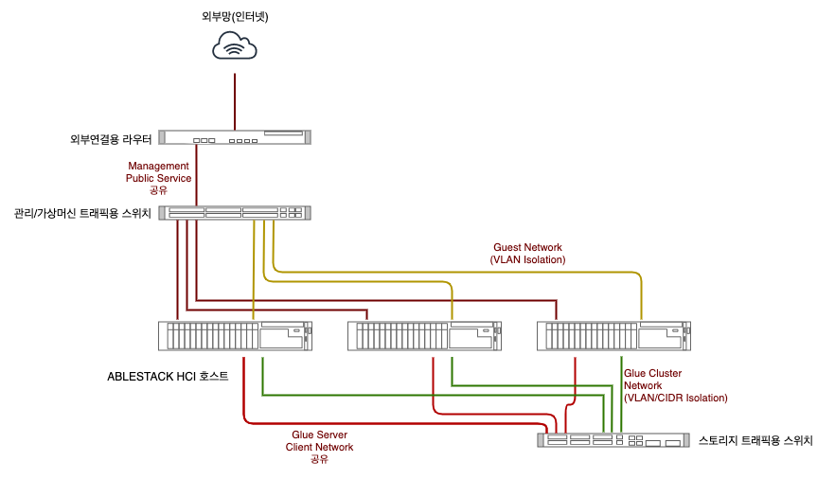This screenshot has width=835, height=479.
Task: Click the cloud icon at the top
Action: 235,45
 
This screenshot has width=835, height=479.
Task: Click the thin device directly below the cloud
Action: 235,137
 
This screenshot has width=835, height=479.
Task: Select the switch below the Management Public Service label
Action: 235,213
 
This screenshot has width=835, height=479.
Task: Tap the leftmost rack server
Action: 235,336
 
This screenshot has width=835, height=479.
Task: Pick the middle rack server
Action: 424,336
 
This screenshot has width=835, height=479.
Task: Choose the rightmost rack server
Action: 613,336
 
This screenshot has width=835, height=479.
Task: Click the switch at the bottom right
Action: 613,440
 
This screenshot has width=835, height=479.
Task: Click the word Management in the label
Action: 159,167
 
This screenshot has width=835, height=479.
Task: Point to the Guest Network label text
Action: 527,248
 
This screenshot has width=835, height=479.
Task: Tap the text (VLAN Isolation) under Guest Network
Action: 527,259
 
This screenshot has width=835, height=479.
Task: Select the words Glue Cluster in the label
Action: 653,374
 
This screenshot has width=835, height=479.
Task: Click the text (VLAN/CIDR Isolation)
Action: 676,399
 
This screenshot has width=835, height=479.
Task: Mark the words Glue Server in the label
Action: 319,435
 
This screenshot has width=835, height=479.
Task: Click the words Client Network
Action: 319,447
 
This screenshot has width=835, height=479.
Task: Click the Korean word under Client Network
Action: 319,459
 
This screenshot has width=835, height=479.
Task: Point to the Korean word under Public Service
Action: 159,190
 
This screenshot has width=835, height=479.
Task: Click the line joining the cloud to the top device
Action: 235,101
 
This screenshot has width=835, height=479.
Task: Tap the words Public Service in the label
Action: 159,178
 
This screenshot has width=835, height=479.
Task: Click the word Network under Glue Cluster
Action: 644,386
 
